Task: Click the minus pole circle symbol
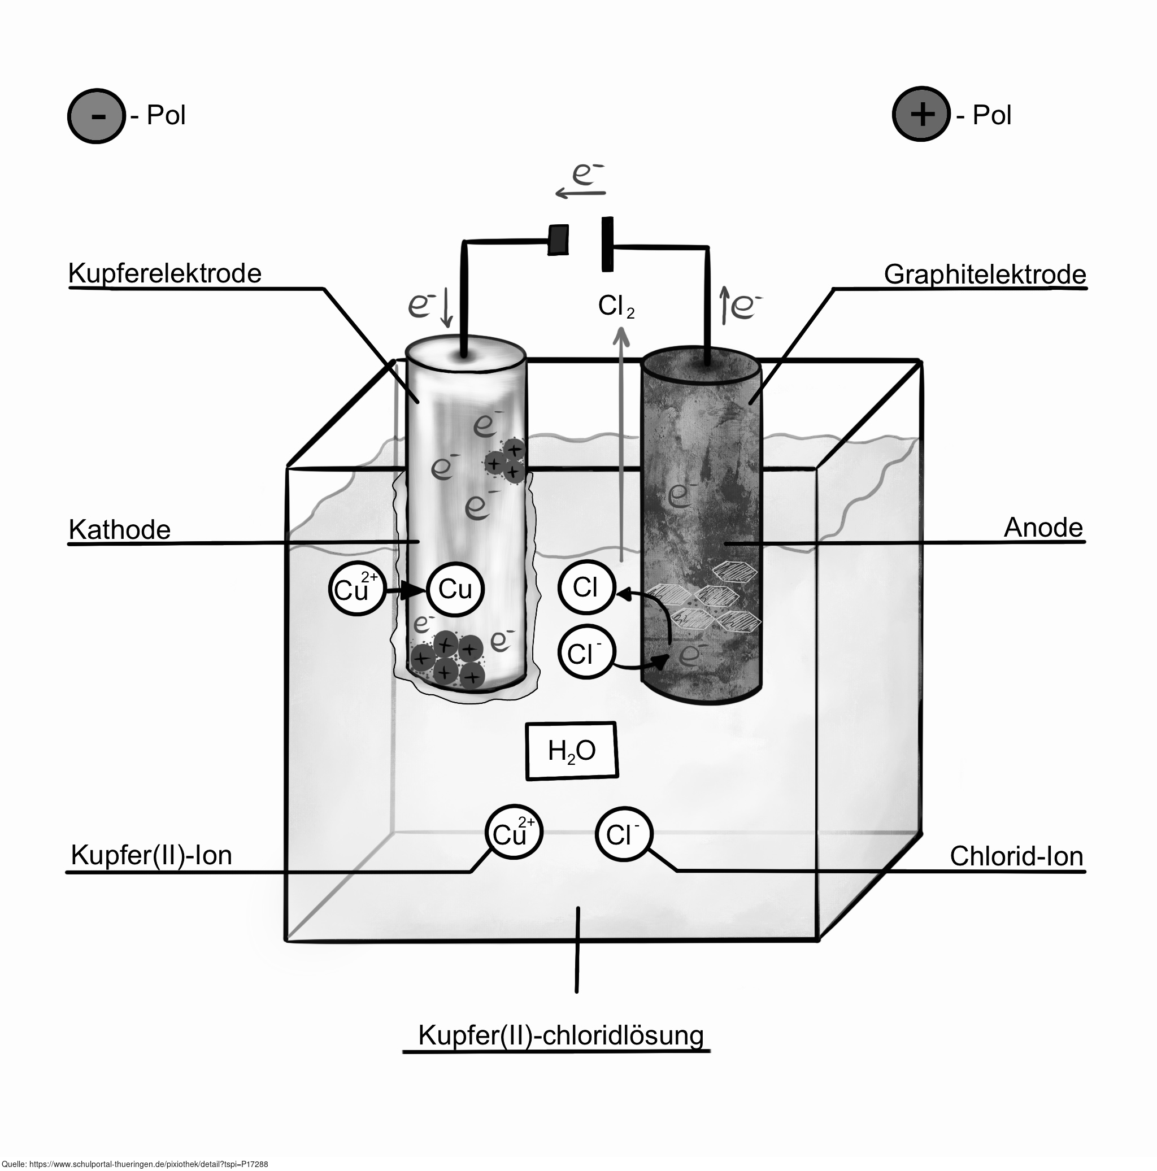click(x=97, y=116)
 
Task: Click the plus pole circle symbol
click(x=921, y=114)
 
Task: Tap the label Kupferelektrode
click(x=165, y=274)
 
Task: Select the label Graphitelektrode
click(x=985, y=275)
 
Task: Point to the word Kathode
click(x=119, y=530)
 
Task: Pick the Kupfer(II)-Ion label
click(x=151, y=856)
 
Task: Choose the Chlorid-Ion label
click(x=1016, y=856)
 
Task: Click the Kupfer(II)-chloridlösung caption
click(x=560, y=1035)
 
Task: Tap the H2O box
click(x=572, y=750)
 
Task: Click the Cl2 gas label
click(x=616, y=307)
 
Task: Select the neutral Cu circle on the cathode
click(x=455, y=589)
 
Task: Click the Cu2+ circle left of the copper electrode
click(x=357, y=587)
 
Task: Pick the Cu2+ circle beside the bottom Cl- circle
click(x=514, y=832)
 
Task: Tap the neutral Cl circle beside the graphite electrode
click(x=586, y=587)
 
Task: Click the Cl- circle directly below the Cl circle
click(x=586, y=652)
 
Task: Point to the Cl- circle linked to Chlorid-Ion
click(x=624, y=834)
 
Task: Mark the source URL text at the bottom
click(x=134, y=1164)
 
